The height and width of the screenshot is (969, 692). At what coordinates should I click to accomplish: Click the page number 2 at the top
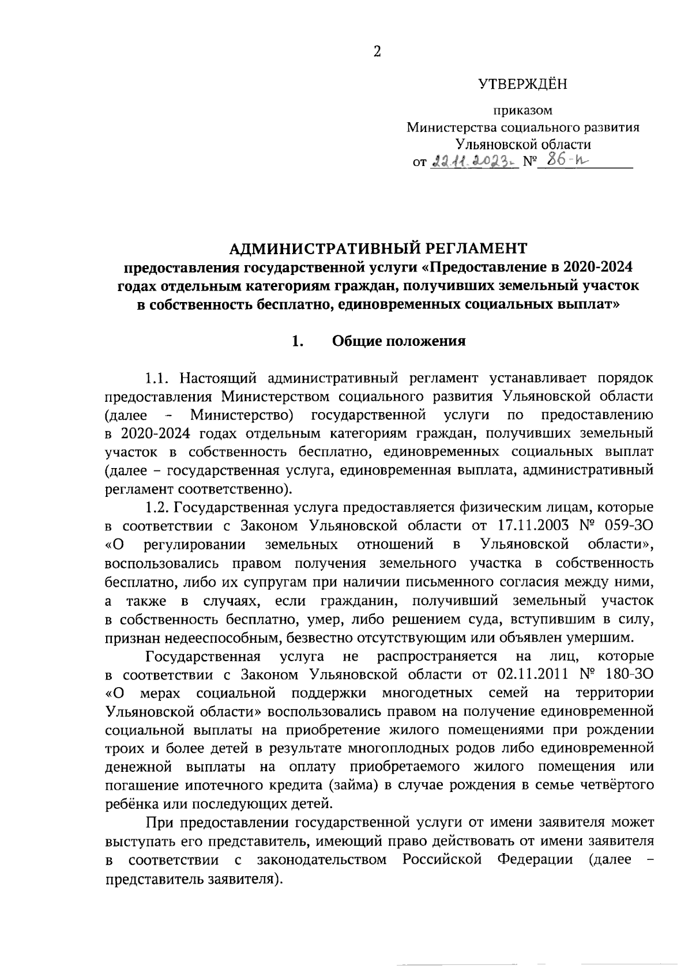coord(377,52)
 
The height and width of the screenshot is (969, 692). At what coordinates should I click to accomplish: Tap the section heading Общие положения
coord(398,341)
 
